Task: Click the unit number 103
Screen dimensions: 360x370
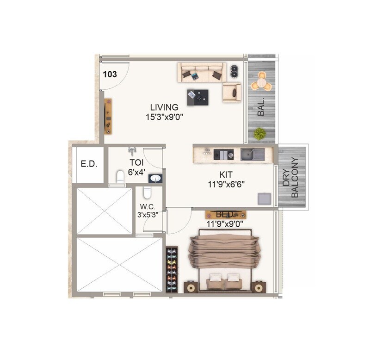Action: pos(110,74)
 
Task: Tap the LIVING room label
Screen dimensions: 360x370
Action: pos(164,108)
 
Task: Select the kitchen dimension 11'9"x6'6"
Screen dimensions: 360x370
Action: pos(226,184)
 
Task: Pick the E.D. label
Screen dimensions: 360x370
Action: pos(89,164)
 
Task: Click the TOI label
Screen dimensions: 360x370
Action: pos(136,163)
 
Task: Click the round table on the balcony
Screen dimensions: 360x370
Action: pos(262,83)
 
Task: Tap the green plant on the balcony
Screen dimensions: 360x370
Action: pos(260,134)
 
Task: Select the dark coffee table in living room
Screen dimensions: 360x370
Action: pos(197,97)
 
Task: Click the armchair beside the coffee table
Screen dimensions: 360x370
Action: pos(232,93)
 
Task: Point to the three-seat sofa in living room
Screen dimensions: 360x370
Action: pos(202,72)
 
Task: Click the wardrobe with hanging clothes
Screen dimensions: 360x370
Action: pos(172,270)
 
